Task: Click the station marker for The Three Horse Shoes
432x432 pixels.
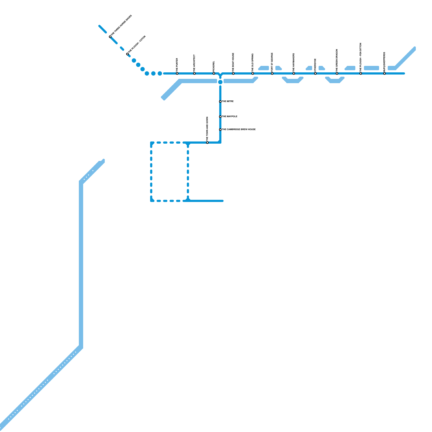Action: point(110,37)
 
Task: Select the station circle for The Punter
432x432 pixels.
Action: point(177,73)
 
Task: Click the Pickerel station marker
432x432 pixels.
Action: point(214,73)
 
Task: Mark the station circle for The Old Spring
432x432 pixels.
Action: point(253,73)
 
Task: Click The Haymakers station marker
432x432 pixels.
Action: point(294,73)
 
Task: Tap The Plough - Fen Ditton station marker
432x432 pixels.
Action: point(361,73)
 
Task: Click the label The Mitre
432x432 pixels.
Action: point(228,102)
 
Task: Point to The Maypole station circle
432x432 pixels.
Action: point(220,117)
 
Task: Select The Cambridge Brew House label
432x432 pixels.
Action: point(239,130)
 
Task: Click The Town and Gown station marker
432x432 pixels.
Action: point(207,143)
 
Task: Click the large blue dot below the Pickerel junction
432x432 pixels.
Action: point(220,82)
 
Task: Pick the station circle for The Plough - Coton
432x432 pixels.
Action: point(127,54)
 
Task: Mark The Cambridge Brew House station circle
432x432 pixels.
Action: point(220,130)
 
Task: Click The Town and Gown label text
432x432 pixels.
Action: point(207,128)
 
